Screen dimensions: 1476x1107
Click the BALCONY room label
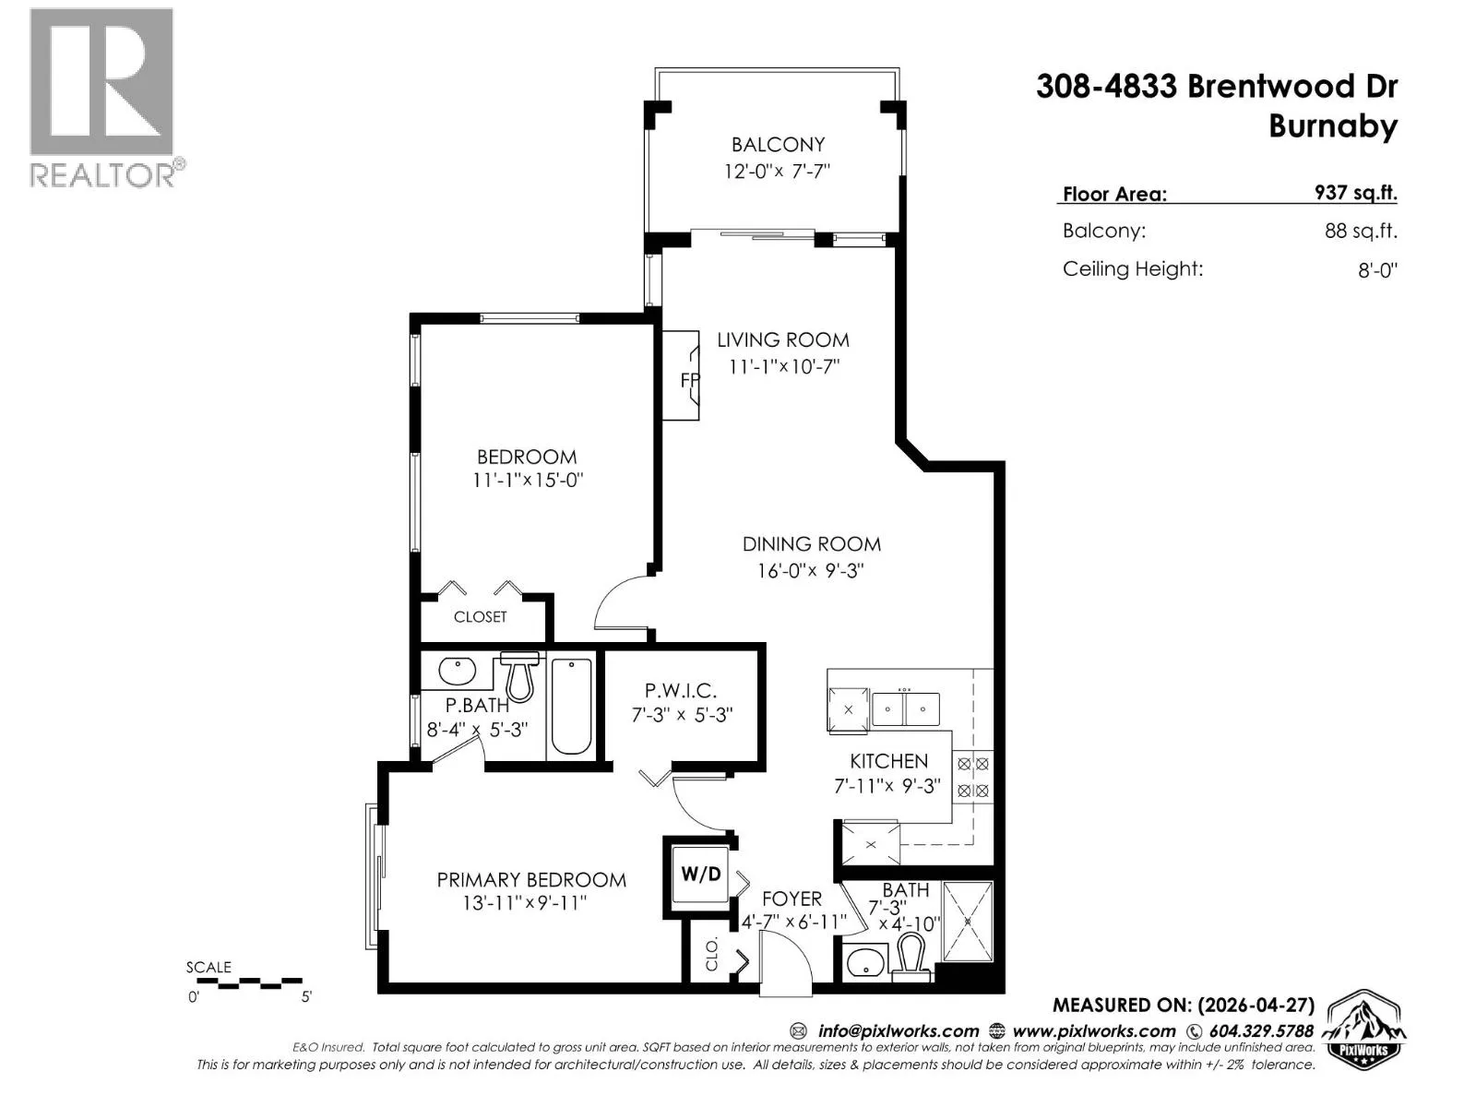(778, 145)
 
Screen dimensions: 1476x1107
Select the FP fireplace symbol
(681, 375)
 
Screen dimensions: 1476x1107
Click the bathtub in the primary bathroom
(571, 706)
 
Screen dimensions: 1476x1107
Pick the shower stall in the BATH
(968, 922)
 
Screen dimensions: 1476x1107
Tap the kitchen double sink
(905, 708)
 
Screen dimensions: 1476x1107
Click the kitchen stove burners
(973, 777)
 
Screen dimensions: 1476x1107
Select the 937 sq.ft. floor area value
(1356, 192)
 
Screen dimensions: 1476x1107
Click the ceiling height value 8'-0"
(1377, 269)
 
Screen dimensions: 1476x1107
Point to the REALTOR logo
(105, 98)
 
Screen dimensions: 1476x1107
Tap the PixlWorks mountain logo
(1363, 1027)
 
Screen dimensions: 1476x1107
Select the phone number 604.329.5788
(1260, 1030)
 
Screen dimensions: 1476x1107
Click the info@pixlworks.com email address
(898, 1030)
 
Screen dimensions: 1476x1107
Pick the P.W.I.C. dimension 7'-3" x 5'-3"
(681, 714)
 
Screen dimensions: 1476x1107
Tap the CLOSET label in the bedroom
(480, 616)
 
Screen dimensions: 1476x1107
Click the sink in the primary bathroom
(458, 670)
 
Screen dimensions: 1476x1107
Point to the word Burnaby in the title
(1333, 126)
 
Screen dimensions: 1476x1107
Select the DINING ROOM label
(811, 543)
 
